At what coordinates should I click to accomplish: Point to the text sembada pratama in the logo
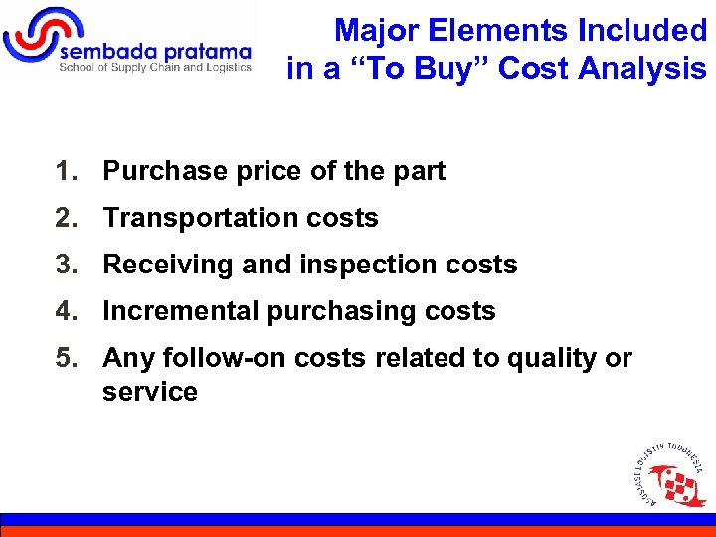click(x=155, y=51)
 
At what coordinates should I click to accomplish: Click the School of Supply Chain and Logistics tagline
click(x=154, y=68)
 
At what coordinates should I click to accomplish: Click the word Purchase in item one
click(x=165, y=171)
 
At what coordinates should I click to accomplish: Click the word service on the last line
click(x=149, y=392)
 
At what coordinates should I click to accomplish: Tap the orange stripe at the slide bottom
click(x=358, y=531)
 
